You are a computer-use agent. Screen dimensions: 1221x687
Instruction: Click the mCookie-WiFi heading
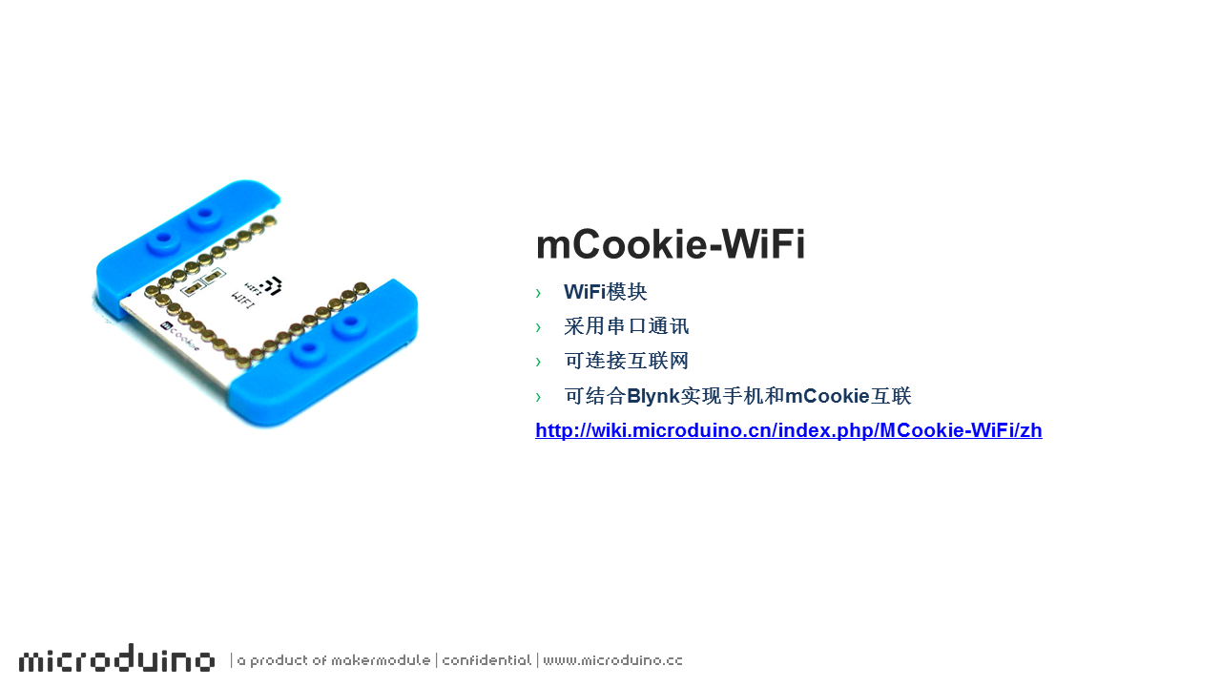671,243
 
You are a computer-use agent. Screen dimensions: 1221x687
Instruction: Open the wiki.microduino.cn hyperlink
789,430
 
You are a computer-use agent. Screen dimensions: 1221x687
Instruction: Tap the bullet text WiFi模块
606,292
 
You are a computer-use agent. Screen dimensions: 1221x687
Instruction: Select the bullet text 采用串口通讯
627,326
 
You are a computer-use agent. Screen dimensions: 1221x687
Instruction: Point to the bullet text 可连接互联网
627,361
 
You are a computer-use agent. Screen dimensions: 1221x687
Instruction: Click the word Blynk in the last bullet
653,396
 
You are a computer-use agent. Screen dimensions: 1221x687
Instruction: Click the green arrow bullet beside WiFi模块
539,293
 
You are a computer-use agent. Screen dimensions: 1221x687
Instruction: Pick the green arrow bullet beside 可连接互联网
539,362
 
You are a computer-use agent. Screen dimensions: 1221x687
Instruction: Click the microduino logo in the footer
116,657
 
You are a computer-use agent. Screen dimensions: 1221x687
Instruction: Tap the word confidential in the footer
486,660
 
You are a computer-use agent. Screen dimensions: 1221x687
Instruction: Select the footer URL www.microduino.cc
612,660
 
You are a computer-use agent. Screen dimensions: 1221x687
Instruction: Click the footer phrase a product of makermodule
334,660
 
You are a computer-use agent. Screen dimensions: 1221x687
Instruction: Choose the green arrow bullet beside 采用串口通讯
539,327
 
